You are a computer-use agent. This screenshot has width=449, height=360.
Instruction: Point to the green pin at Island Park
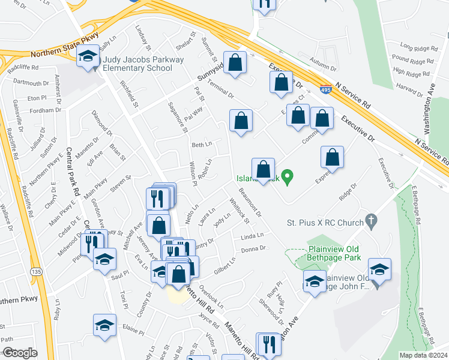(x=288, y=177)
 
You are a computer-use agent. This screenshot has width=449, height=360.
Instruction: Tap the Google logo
(x=19, y=353)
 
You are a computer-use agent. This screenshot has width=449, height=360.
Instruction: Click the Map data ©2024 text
(x=423, y=355)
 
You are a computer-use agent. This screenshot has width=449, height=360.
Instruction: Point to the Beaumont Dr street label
(x=250, y=202)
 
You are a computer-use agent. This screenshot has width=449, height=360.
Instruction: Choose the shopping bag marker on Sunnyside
(x=235, y=62)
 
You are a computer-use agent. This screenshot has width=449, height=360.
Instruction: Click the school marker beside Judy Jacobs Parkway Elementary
(x=88, y=57)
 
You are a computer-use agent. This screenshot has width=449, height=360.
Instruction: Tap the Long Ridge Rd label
(x=416, y=47)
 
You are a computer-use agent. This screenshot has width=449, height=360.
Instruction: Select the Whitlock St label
(x=240, y=211)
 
